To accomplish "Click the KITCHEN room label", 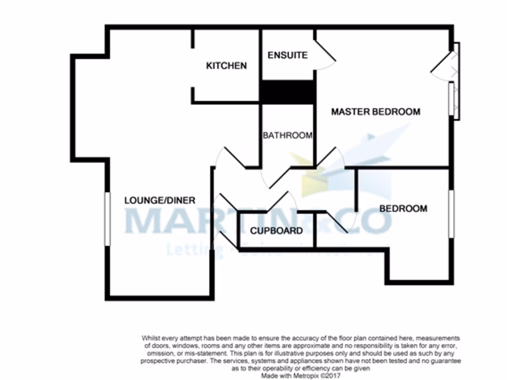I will pyautogui.click(x=226, y=66).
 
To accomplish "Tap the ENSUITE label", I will pyautogui.click(x=287, y=55).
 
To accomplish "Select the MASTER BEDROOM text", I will pyautogui.click(x=375, y=112).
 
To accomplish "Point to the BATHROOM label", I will pyautogui.click(x=287, y=135).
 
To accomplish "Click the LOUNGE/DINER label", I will pyautogui.click(x=159, y=200).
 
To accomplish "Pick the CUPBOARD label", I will pyautogui.click(x=276, y=231).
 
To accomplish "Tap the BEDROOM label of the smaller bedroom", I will pyautogui.click(x=403, y=209).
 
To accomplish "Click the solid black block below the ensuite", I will pyautogui.click(x=288, y=92).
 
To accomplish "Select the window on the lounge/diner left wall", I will pyautogui.click(x=107, y=218).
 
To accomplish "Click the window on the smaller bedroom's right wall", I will pyautogui.click(x=451, y=213).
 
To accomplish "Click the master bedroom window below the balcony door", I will pyautogui.click(x=452, y=99).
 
